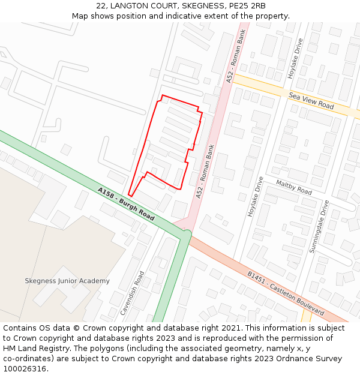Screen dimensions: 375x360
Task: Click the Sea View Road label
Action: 311,101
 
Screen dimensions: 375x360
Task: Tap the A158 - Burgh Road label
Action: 126,204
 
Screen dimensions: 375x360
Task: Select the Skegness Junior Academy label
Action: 67,281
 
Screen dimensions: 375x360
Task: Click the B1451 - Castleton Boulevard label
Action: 286,293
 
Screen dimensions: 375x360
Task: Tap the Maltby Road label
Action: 294,187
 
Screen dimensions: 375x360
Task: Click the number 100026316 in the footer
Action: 25,369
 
